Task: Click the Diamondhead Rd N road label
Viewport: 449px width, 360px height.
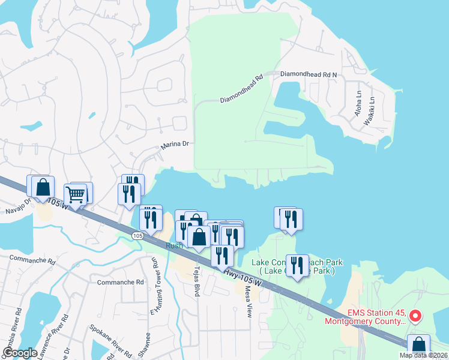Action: (x=309, y=74)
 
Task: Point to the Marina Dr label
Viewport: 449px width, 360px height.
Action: (x=175, y=145)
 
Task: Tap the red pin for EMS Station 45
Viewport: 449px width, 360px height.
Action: (x=415, y=315)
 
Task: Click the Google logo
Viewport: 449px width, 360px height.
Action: (x=20, y=352)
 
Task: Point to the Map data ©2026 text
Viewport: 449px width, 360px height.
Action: (x=423, y=355)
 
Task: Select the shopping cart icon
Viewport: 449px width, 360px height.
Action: (x=76, y=194)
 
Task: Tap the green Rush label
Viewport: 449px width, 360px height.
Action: (x=174, y=245)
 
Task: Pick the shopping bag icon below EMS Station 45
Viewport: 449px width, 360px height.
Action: (x=418, y=346)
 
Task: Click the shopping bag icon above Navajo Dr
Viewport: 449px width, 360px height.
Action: (x=43, y=187)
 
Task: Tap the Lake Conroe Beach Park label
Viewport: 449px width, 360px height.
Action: (x=297, y=266)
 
